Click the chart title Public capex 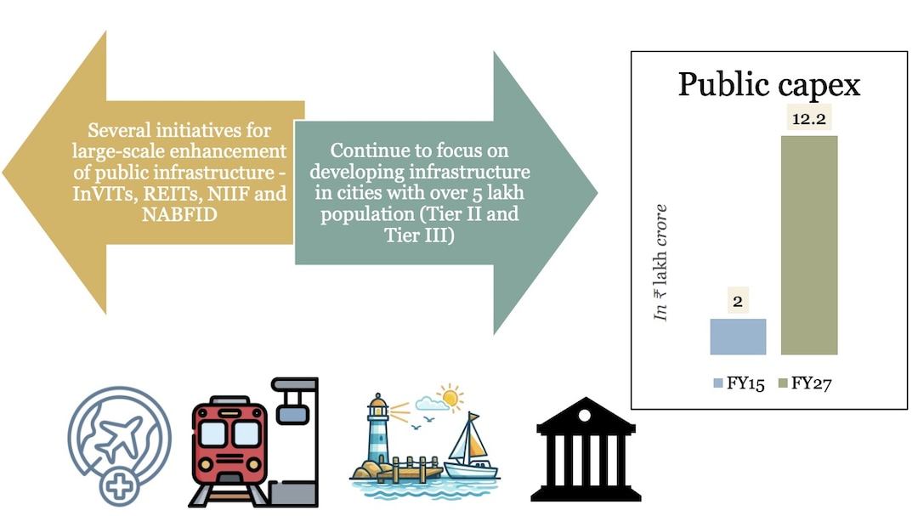coord(768,85)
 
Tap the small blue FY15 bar coord(738,337)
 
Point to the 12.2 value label coord(809,120)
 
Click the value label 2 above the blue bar coord(738,303)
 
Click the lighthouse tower coord(376,434)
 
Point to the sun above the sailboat coord(449,397)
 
